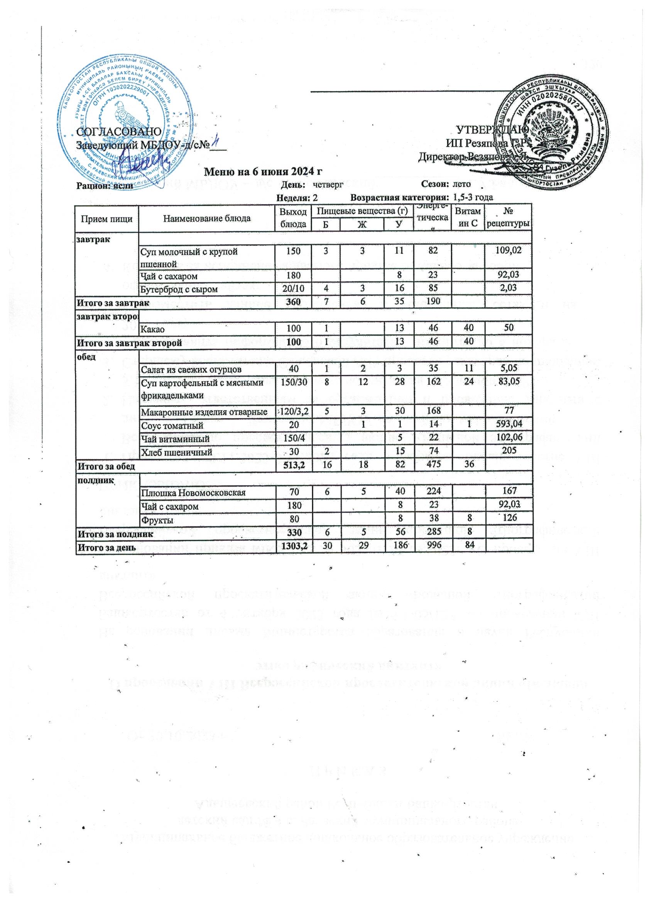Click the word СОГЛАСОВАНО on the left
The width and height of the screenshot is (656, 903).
coord(118,132)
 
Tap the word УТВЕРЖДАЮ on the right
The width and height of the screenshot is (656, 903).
coord(492,129)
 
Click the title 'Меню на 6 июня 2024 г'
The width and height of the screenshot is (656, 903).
coord(262,172)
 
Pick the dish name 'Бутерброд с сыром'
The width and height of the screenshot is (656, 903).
coord(179,289)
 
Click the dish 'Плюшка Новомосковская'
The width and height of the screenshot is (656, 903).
coord(193,492)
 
